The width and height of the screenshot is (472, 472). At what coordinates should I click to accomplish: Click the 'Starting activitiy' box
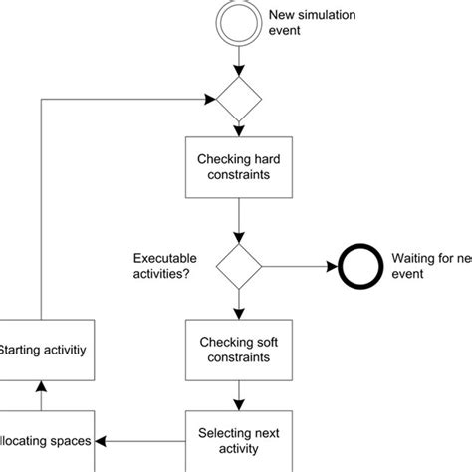tap(45, 350)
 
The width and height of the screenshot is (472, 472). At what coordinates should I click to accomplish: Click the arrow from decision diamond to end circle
tap(299, 267)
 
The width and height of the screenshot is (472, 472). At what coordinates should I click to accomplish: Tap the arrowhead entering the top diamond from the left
tap(209, 99)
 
